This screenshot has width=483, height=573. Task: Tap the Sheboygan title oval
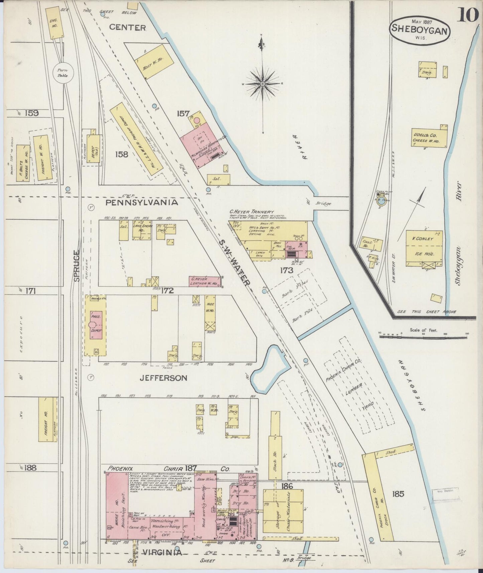(x=419, y=30)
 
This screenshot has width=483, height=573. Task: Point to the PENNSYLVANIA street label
(x=142, y=203)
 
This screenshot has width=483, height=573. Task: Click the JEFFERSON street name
(x=163, y=378)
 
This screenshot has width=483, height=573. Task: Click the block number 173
(x=287, y=270)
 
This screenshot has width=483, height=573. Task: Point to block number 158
(x=121, y=154)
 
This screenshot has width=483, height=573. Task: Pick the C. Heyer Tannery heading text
(x=251, y=212)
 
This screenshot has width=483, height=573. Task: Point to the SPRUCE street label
(x=76, y=266)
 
